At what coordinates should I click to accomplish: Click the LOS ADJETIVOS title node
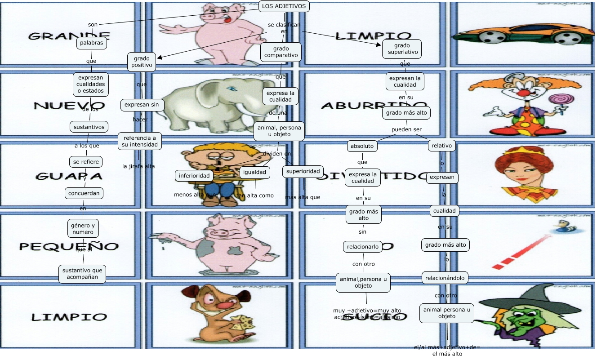(284, 6)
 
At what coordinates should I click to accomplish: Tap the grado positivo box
(142, 62)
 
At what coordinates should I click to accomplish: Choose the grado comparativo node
(281, 52)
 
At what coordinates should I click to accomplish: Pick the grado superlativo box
(402, 49)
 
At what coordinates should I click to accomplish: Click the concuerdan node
(84, 193)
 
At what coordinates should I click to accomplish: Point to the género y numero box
(82, 229)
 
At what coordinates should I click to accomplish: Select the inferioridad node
(194, 176)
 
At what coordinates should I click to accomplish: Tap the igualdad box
(255, 172)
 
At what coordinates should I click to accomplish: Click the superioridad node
(303, 171)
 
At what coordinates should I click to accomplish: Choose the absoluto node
(362, 146)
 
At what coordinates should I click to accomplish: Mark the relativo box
(442, 146)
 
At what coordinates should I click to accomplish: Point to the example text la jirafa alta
(138, 166)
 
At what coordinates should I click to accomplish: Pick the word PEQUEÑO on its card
(69, 246)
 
